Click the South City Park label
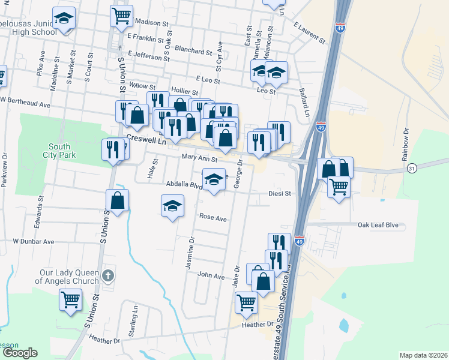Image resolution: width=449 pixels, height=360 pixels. click(59, 151)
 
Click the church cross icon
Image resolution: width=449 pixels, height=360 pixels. click(107, 276)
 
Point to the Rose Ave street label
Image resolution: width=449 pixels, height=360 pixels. click(212, 218)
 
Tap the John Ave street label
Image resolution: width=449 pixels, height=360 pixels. click(211, 276)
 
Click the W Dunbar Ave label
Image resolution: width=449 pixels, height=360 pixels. click(34, 242)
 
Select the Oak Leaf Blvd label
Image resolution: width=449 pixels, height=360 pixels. click(378, 226)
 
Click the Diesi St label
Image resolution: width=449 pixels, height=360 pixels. click(279, 194)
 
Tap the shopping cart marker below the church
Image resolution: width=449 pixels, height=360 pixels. click(70, 299)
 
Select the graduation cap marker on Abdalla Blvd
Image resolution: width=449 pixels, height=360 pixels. click(214, 180)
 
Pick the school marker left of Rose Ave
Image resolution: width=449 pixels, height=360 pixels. click(172, 206)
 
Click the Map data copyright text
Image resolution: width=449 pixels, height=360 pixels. click(423, 355)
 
